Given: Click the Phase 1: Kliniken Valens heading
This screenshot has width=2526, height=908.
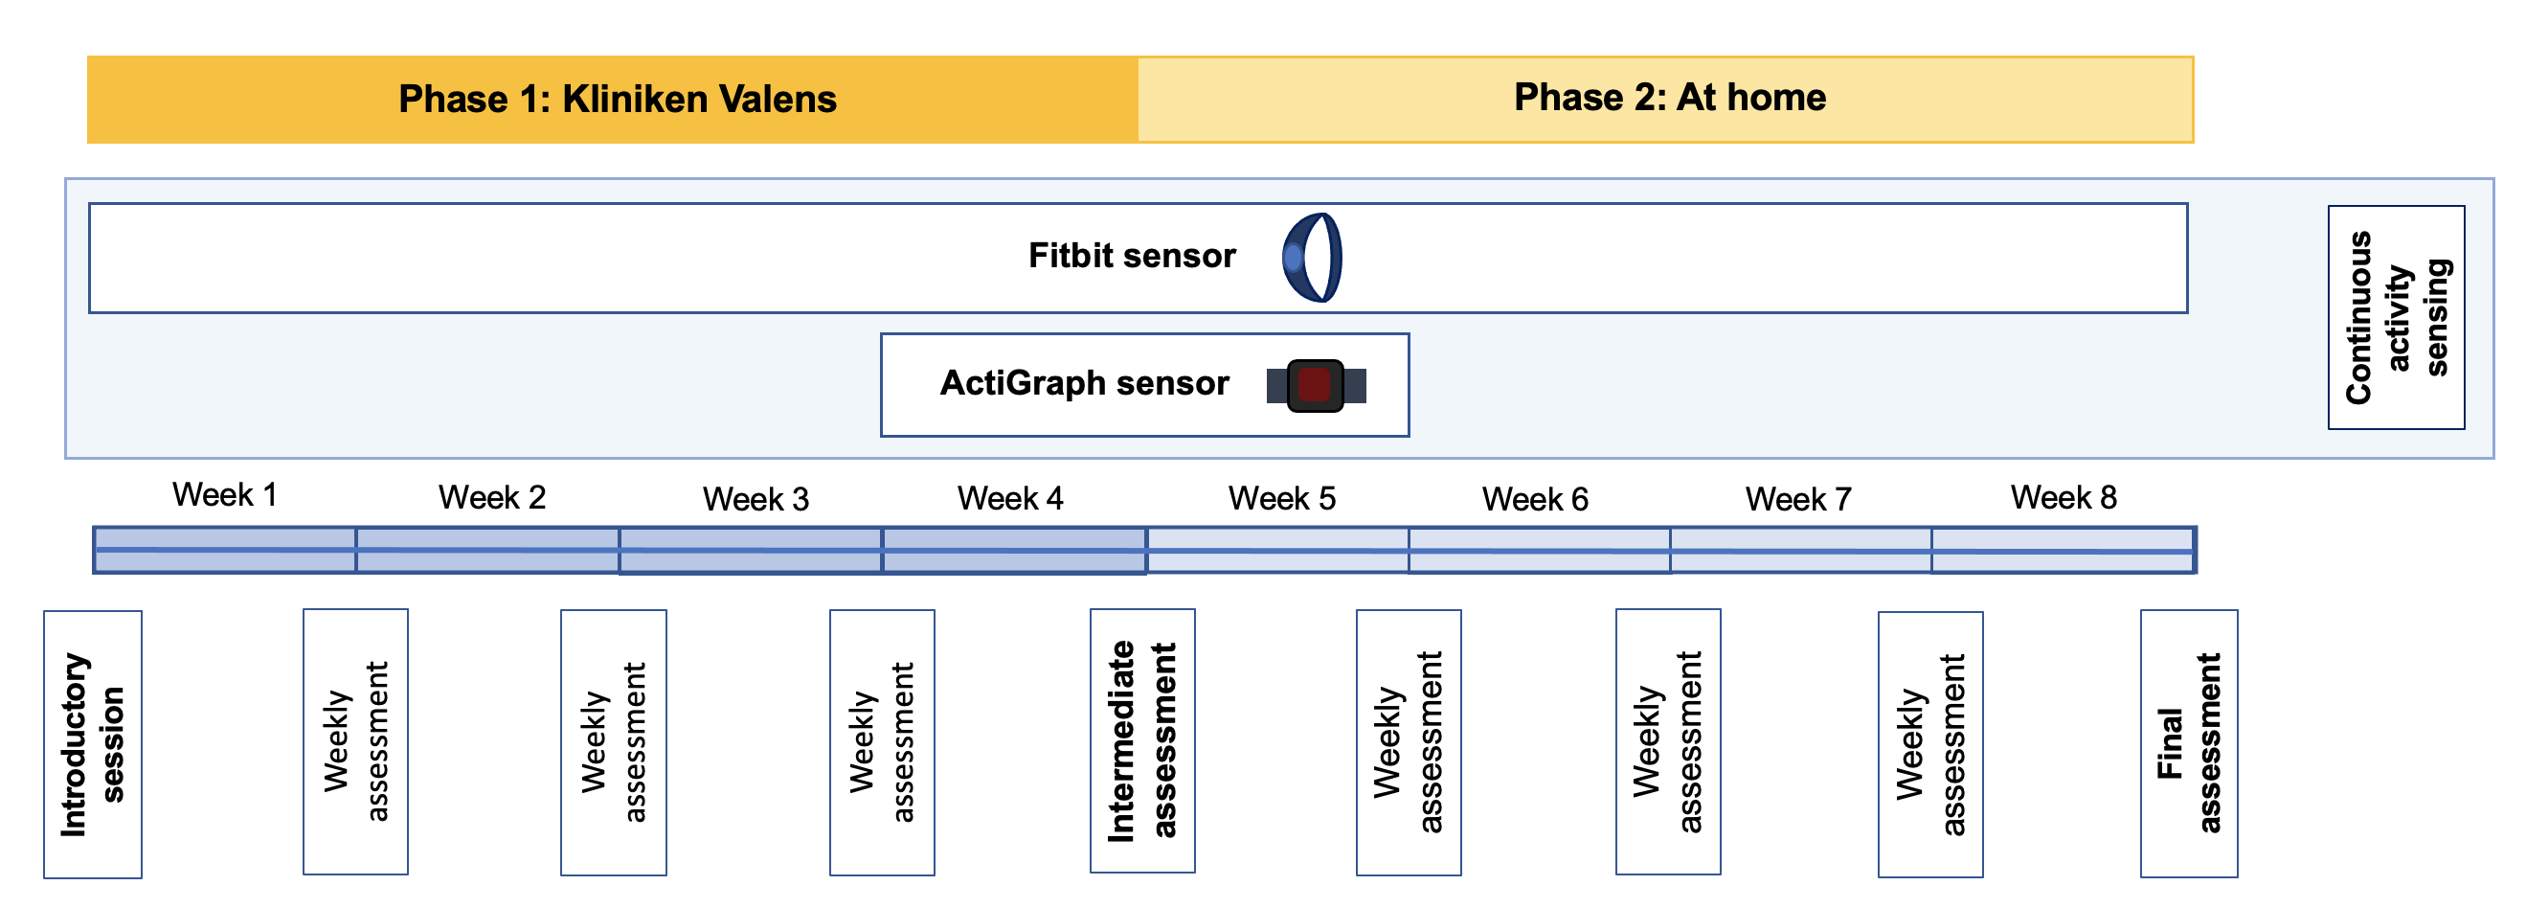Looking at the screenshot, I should (617, 99).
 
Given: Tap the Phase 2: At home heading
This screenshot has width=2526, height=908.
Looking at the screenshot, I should (1669, 97).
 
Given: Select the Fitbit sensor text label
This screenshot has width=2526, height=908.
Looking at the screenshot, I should (1132, 256).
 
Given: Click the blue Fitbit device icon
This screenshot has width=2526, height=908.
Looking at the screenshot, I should (1312, 258).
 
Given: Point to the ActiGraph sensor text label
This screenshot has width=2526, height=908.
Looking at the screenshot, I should (1084, 383).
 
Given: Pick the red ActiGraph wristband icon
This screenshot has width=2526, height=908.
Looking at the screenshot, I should (1315, 385).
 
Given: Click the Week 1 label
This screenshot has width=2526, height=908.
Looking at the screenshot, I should (225, 495).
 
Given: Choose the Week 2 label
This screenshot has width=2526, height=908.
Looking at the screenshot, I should (491, 498).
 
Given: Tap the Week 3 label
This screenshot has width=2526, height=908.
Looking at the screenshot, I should (756, 500).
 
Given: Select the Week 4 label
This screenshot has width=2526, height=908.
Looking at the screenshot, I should (1010, 499).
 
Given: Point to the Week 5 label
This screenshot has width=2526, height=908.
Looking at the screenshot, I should (1281, 499).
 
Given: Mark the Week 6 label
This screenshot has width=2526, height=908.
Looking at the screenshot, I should (1535, 500).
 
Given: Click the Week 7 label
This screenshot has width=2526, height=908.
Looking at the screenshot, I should (1797, 500).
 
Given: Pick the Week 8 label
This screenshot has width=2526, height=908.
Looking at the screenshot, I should (2064, 498).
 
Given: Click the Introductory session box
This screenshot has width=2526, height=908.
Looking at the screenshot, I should (93, 744).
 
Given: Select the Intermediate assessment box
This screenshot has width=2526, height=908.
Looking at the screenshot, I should (1142, 741).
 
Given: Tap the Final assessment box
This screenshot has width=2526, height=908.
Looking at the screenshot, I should (2188, 743).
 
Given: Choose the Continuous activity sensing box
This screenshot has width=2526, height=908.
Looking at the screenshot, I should (2396, 318).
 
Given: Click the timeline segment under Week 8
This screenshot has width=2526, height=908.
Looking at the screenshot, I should (2064, 550).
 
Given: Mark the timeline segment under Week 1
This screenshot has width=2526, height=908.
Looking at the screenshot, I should (225, 550).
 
